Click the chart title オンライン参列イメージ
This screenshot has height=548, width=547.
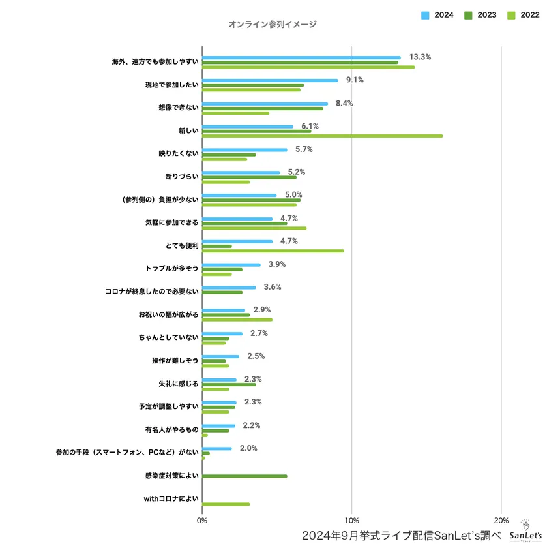pyautogui.click(x=273, y=25)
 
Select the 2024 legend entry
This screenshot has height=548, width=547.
pyautogui.click(x=437, y=14)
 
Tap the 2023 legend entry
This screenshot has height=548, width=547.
pyautogui.click(x=480, y=14)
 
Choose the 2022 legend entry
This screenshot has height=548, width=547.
pyautogui.click(x=522, y=14)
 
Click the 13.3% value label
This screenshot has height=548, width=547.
pyautogui.click(x=420, y=57)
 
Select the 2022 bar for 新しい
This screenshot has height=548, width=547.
pyautogui.click(x=322, y=136)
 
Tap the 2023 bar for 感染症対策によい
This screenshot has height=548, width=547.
pyautogui.click(x=244, y=476)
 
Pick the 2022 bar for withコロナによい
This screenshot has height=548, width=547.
pyautogui.click(x=226, y=504)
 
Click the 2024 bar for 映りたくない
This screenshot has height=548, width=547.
pyautogui.click(x=244, y=150)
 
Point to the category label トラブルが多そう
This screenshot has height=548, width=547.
pyautogui.click(x=171, y=269)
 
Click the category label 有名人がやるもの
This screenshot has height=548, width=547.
pyautogui.click(x=171, y=430)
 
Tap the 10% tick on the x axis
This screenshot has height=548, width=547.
pyautogui.click(x=351, y=520)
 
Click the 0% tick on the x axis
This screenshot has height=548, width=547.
pyautogui.click(x=202, y=520)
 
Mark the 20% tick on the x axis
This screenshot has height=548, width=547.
pyautogui.click(x=501, y=520)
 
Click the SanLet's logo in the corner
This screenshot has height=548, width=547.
pyautogui.click(x=525, y=532)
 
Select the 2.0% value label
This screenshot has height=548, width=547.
pyautogui.click(x=248, y=449)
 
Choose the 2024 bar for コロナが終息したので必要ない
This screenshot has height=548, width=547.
pyautogui.click(x=229, y=288)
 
